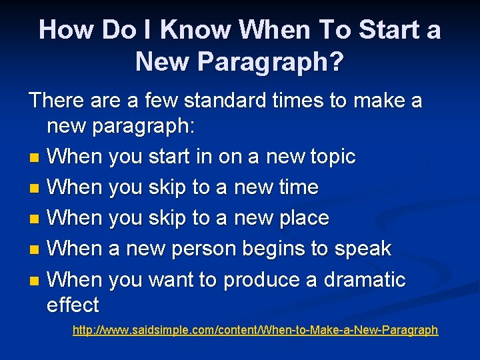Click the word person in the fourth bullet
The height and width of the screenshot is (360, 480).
tap(204, 249)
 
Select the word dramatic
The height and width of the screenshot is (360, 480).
tap(365, 280)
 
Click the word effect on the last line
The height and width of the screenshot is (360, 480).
tap(73, 306)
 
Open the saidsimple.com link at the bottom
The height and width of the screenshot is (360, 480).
tap(255, 330)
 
